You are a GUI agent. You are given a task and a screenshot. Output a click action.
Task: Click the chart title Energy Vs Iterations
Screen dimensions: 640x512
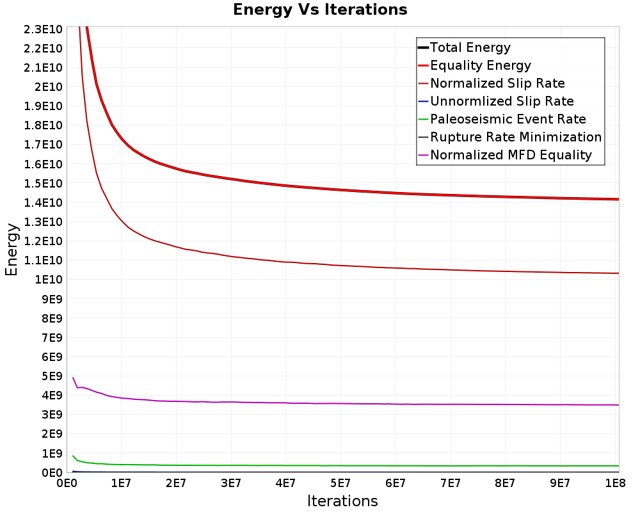click(320, 10)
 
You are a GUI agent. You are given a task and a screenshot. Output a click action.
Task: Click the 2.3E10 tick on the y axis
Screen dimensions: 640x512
click(43, 29)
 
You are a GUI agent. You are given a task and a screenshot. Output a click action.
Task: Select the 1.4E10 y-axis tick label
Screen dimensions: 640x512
click(43, 202)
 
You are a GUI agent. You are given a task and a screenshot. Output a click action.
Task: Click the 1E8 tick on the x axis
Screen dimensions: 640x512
click(615, 483)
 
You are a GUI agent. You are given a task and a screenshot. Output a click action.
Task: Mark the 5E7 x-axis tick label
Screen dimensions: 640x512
click(340, 483)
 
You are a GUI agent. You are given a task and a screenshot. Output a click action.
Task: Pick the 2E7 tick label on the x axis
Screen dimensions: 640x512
click(176, 483)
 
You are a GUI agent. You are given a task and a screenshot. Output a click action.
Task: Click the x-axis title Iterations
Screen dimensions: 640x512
click(342, 501)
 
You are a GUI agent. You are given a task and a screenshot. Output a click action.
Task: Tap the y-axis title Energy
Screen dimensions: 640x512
click(12, 250)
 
